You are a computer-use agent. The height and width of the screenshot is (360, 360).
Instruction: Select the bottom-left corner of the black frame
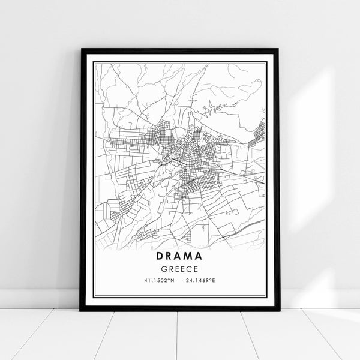point(81,310)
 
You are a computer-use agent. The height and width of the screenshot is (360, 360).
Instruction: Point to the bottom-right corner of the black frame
point(278,310)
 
